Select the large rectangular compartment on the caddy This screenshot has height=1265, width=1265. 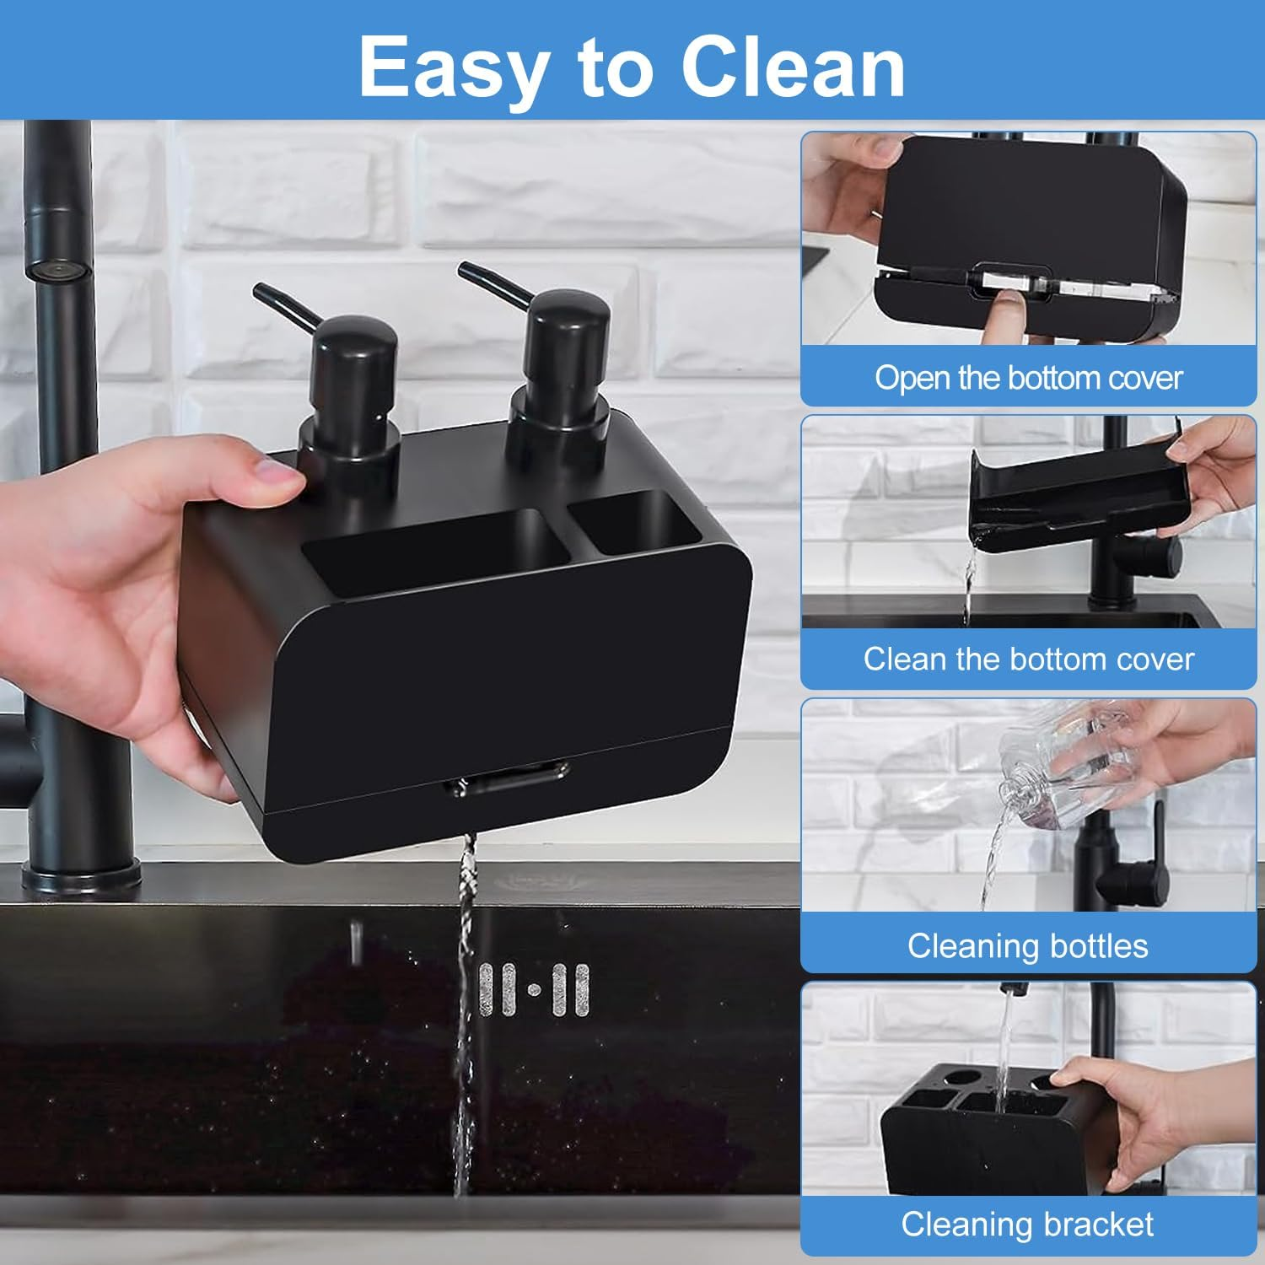coord(435,549)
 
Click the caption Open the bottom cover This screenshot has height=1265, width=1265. coord(1028,377)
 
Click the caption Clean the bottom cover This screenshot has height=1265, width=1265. coord(1028,659)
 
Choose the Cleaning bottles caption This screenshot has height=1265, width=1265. coord(1028,945)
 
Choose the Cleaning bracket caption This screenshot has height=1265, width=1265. coord(1028,1224)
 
